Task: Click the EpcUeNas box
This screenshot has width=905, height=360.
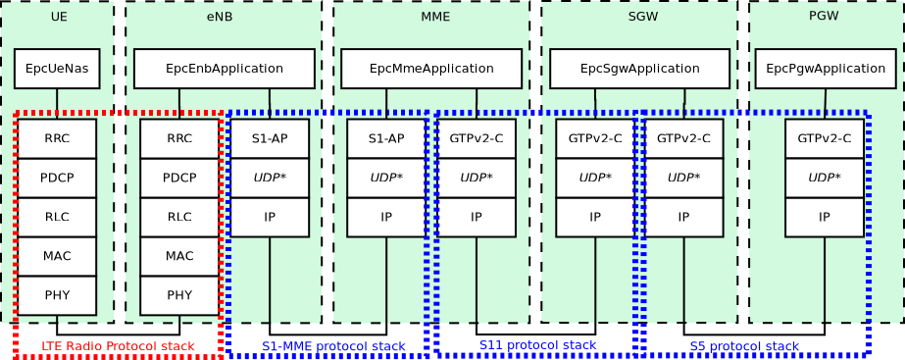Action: (x=57, y=69)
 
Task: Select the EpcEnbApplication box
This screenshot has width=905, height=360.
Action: (x=224, y=69)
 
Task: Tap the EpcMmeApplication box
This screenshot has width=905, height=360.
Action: (x=431, y=69)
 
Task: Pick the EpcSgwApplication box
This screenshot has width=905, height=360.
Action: (x=639, y=69)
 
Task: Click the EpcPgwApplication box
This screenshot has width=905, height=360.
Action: (x=825, y=69)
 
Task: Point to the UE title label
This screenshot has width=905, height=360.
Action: (x=59, y=17)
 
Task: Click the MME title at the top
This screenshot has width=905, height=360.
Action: (x=435, y=17)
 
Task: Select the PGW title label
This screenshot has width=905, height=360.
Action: (x=824, y=16)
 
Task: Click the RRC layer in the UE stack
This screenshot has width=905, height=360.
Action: (x=57, y=138)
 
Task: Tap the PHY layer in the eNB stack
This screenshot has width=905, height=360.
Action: (x=179, y=295)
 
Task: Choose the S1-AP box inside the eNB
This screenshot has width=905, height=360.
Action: (x=270, y=138)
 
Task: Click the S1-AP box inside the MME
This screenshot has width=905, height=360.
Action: (x=386, y=138)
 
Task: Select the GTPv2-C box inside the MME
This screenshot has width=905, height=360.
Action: (x=477, y=138)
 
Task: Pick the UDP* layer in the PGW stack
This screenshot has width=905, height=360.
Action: (x=825, y=178)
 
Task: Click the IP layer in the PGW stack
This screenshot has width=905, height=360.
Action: (x=825, y=217)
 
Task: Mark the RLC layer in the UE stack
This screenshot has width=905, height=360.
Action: (x=57, y=217)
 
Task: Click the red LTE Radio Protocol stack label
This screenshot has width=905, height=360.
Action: (x=118, y=346)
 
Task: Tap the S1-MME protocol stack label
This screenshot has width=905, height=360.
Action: (x=333, y=346)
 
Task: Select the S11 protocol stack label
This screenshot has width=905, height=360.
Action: (x=537, y=345)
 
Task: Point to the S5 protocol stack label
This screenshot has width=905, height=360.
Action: (x=744, y=346)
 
